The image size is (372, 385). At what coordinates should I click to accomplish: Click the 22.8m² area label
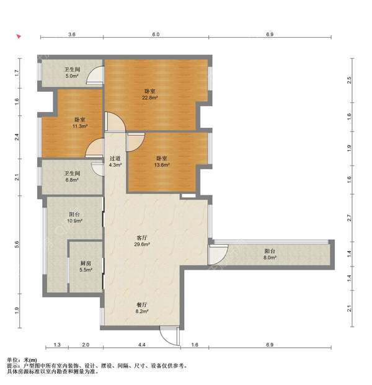149,98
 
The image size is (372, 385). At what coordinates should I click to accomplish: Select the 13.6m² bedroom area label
162,165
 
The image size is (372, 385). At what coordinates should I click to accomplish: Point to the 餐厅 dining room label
142,305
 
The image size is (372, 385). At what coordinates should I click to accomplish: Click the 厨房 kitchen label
86,263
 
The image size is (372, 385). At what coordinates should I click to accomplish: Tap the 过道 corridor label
115,159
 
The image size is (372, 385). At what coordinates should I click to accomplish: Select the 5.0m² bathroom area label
72,76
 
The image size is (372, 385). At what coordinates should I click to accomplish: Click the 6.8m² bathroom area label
72,180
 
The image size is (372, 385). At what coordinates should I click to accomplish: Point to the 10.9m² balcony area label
74,221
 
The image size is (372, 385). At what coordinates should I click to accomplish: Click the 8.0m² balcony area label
270,257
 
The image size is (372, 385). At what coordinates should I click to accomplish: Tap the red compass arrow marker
19,37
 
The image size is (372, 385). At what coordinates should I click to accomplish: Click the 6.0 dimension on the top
156,34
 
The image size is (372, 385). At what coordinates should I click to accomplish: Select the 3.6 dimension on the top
71,34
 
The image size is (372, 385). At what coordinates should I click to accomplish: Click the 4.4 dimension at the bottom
142,345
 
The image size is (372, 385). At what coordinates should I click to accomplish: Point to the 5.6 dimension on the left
17,244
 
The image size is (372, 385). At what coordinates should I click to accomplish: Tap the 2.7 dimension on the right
350,218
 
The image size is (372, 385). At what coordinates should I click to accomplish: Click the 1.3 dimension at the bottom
57,345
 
